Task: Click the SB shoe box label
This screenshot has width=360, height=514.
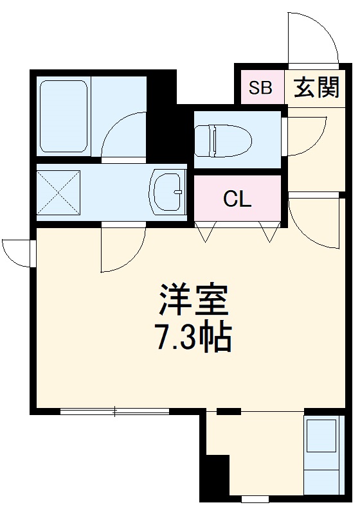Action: (262, 87)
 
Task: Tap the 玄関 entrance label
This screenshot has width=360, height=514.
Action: (316, 87)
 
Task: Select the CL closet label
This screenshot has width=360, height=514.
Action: (237, 199)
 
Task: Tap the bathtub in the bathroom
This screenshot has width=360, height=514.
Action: (64, 116)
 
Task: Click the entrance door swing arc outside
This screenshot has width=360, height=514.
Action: (313, 39)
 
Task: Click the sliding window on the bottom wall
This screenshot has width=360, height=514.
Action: (114, 412)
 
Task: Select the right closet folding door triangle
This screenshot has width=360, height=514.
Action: (269, 233)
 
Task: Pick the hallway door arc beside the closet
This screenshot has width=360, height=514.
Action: (313, 222)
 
